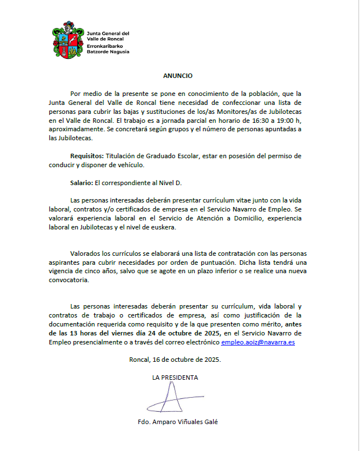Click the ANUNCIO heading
[x=178, y=75]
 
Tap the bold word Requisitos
[x=87, y=155]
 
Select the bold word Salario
[x=82, y=182]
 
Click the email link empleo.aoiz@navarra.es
[x=258, y=342]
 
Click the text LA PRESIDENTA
[x=175, y=378]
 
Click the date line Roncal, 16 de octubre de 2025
[x=175, y=359]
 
